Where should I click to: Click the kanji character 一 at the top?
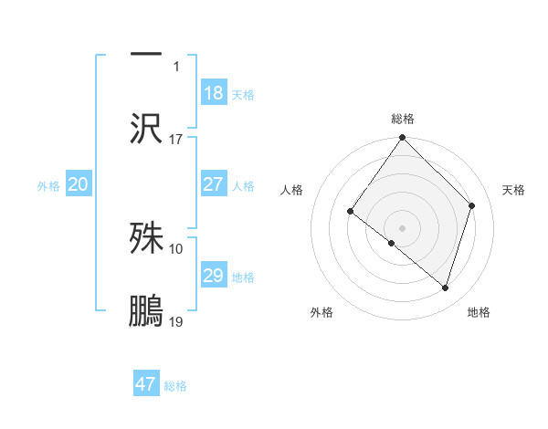coord(146,54)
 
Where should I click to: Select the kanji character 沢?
coord(146,129)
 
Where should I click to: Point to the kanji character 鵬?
coord(146,311)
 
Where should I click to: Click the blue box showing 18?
coord(213,93)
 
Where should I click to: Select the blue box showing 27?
coord(213,184)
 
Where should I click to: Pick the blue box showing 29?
coord(213,276)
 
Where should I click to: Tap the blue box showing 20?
coord(79,184)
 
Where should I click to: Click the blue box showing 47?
coord(146,384)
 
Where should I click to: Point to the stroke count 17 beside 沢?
coord(176,140)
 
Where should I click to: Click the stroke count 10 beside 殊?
coord(176,248)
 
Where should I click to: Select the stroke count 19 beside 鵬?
coord(176,322)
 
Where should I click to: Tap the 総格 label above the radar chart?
coord(403,119)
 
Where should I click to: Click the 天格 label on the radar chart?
coord(513,190)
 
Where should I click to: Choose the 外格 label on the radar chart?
coord(321,312)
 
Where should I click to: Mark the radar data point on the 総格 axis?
coord(403,139)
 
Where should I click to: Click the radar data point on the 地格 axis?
coord(446,288)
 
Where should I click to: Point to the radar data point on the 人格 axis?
coord(351,212)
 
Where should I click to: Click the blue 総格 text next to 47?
coord(175,386)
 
